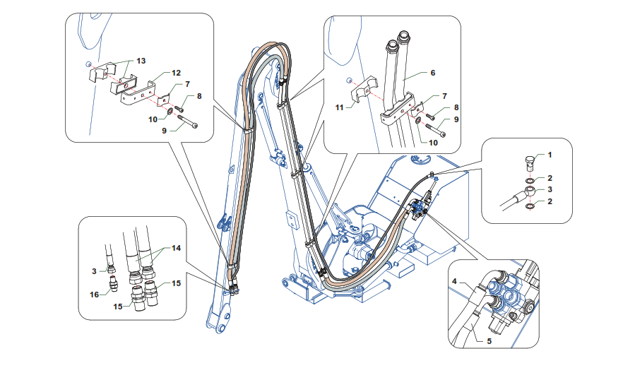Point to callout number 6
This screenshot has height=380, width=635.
(433, 73)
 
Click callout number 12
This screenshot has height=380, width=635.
(176, 72)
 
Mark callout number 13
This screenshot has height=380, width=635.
(141, 61)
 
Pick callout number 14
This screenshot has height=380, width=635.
(176, 249)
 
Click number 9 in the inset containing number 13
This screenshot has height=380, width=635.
(165, 131)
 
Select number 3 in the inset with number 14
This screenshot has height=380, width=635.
(94, 271)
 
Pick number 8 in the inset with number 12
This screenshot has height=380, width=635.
(199, 95)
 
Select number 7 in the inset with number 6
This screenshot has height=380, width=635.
(444, 95)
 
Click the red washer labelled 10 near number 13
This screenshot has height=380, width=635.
(171, 111)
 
